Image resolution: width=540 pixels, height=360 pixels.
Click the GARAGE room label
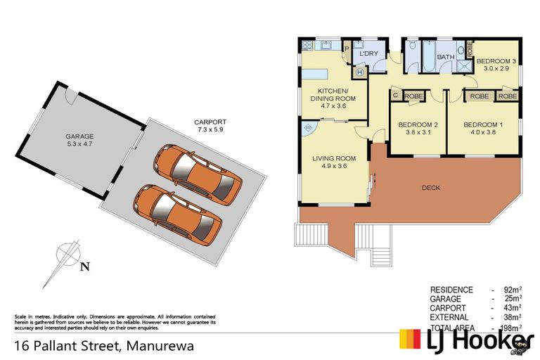coord(79,136)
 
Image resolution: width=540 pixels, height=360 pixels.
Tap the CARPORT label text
coord(210,122)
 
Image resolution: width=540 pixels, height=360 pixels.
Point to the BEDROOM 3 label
coord(496,61)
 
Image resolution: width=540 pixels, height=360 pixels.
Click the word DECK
coord(431,188)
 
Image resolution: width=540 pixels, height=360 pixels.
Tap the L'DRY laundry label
coord(369,53)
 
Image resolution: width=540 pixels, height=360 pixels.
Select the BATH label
coord(446,57)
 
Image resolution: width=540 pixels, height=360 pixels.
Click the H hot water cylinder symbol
coord(360,71)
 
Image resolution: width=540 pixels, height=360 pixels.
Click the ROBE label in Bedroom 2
coord(413,96)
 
